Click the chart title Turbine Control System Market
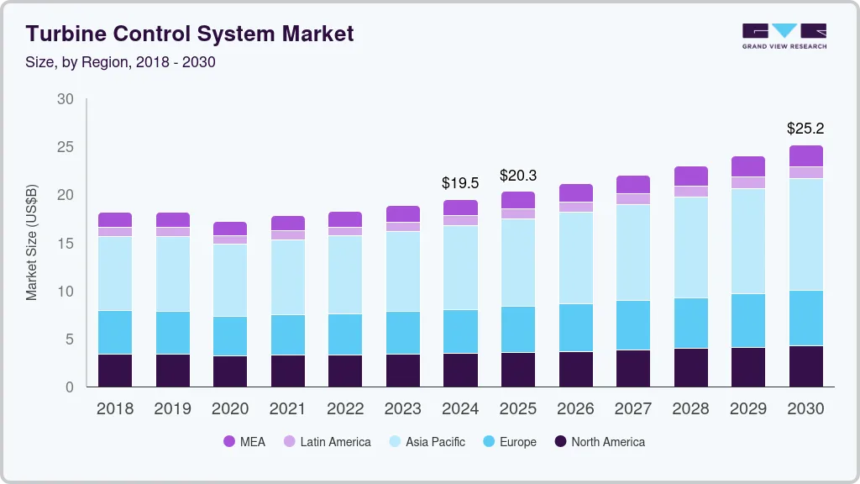(x=190, y=34)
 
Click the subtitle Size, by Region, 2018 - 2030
(x=120, y=62)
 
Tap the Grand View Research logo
(x=784, y=35)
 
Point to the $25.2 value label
(x=805, y=129)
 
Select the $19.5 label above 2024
(x=460, y=182)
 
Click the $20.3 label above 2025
(x=517, y=176)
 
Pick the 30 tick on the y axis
(x=65, y=99)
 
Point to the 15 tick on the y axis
(x=65, y=244)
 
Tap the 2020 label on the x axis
(x=230, y=409)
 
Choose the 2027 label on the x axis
(x=632, y=409)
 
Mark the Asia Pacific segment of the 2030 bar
(x=806, y=234)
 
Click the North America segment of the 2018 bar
(x=115, y=370)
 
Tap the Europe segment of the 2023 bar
(x=402, y=333)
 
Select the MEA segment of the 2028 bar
(x=690, y=176)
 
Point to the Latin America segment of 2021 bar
(x=288, y=235)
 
